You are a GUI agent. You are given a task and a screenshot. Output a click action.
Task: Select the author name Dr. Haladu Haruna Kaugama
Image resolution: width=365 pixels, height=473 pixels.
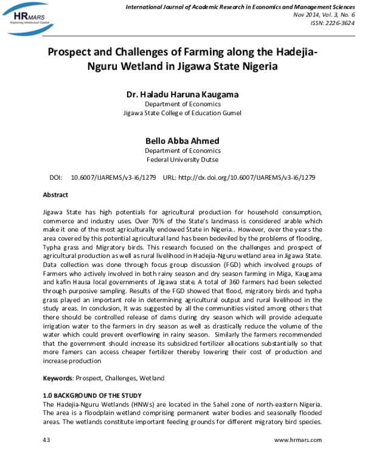(x=182, y=94)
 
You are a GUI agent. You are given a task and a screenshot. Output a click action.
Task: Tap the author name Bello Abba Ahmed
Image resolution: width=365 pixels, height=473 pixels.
(x=182, y=141)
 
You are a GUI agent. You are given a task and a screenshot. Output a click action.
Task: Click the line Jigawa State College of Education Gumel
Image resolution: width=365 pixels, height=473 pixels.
(x=182, y=113)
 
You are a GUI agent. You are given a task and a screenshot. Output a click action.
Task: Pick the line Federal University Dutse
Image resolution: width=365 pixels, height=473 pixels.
(x=182, y=160)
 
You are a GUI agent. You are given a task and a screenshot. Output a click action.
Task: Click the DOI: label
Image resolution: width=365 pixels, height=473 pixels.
(x=56, y=177)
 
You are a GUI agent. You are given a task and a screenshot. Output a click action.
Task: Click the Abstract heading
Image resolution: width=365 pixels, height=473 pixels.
(x=55, y=195)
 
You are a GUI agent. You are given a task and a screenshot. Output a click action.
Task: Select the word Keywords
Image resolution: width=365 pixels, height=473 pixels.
(x=57, y=378)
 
